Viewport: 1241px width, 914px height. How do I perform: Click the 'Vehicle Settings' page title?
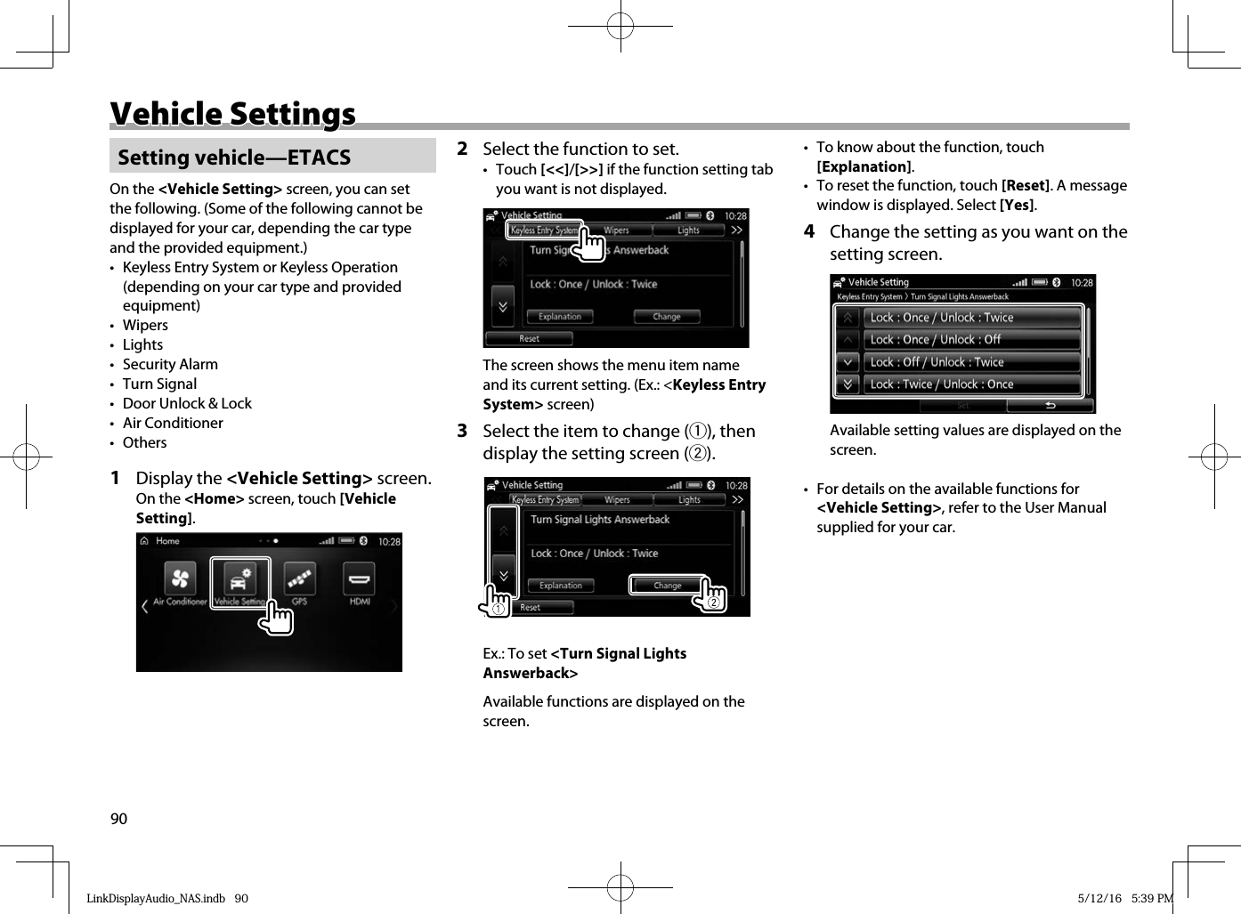coord(232,114)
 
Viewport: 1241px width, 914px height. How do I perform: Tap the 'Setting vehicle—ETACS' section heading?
coord(234,158)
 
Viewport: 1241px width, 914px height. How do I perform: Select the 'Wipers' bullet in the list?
coord(145,325)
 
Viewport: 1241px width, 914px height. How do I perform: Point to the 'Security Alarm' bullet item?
coord(170,364)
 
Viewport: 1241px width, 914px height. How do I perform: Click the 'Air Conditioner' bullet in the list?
coord(173,423)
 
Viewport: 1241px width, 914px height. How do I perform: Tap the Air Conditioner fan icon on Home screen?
coord(180,579)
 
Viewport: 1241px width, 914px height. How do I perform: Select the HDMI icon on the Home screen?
coord(359,579)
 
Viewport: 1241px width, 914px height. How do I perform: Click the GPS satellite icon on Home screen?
coord(299,579)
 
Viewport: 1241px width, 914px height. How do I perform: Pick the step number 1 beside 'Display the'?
coord(115,478)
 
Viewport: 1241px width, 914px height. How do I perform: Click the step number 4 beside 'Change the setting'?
coord(809,231)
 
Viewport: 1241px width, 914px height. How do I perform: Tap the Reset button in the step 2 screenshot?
coord(529,339)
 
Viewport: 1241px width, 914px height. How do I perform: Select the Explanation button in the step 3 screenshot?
coord(561,586)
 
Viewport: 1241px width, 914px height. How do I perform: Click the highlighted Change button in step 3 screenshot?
coord(668,586)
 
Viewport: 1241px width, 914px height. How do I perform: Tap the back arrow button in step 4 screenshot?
coord(1050,406)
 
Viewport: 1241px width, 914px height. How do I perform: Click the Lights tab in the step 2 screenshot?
coord(688,231)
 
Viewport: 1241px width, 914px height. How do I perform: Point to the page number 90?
coord(118,819)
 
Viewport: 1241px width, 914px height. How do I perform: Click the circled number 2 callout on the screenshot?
coord(713,603)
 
